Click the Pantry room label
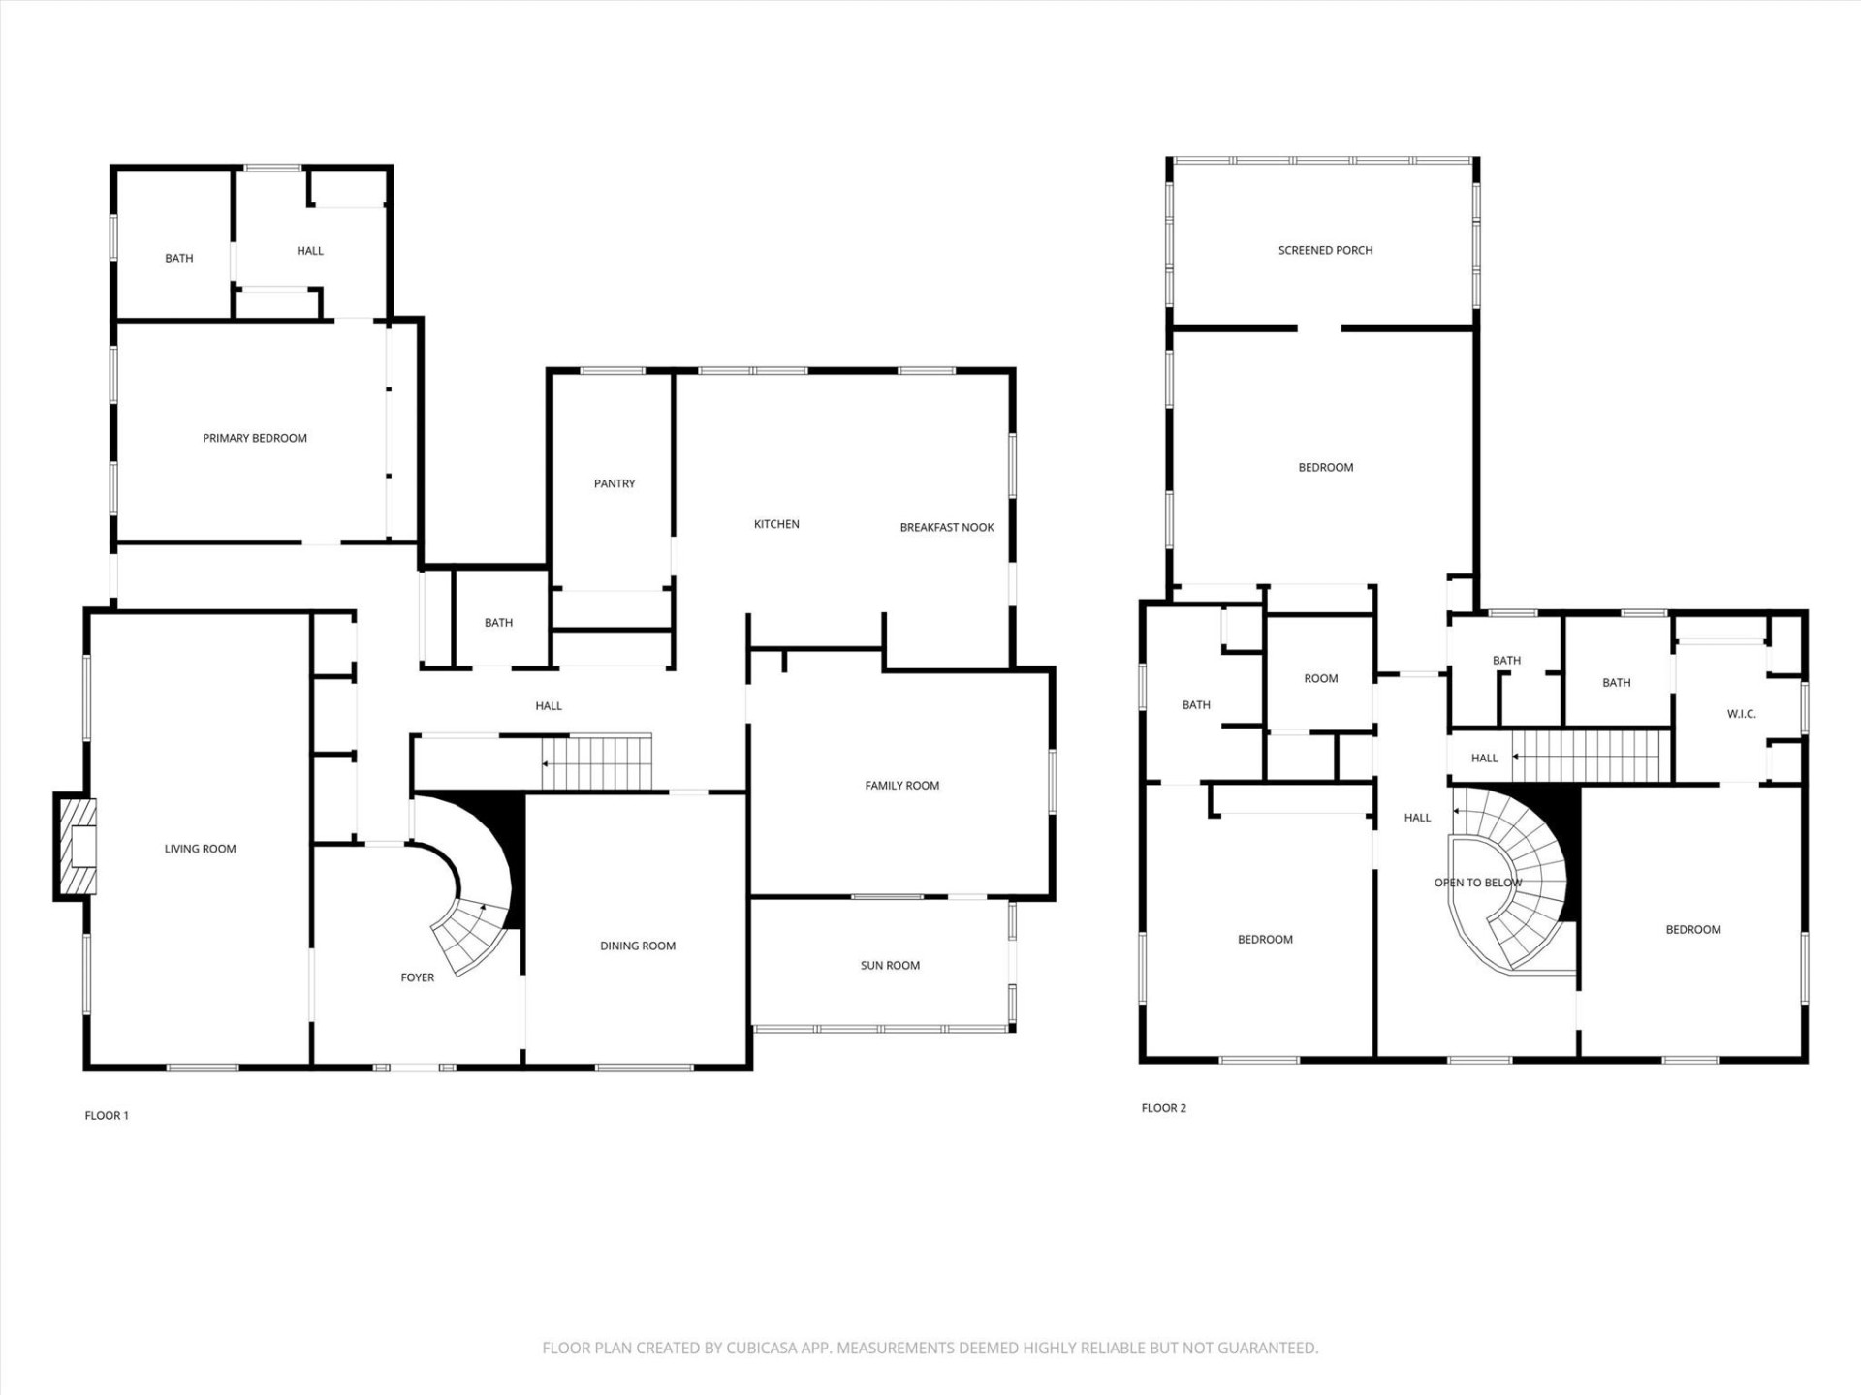(x=615, y=483)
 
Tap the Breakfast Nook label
(x=947, y=528)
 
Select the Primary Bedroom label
(x=255, y=438)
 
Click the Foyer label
(x=418, y=977)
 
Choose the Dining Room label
(x=638, y=945)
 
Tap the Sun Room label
(x=890, y=965)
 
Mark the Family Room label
(x=902, y=786)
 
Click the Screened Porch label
(x=1325, y=250)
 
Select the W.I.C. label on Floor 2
(x=1741, y=714)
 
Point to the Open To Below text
(x=1478, y=883)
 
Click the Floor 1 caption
(x=107, y=1115)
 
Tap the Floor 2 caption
(x=1163, y=1108)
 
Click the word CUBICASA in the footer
(x=767, y=1348)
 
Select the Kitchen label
(x=776, y=524)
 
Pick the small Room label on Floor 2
(x=1321, y=679)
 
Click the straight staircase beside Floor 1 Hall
(x=596, y=763)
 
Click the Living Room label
(x=201, y=849)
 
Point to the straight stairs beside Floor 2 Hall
(x=1592, y=757)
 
